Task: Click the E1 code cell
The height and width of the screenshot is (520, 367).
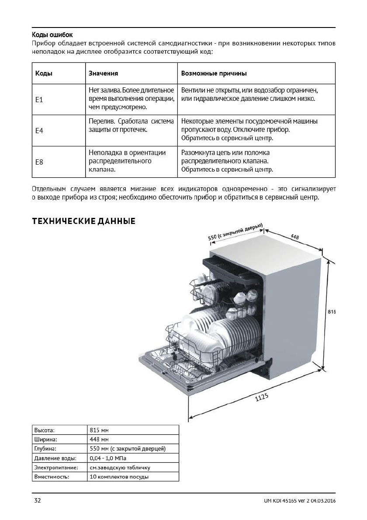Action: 39,100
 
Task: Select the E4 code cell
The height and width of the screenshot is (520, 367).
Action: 39,131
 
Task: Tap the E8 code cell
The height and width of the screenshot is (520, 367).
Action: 39,162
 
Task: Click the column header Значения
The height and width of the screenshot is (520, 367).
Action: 104,74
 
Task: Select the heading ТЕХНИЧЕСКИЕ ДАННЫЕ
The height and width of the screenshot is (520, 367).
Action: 84,222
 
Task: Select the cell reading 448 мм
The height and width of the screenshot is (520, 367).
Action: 99,439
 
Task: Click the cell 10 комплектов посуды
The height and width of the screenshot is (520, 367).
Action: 119,477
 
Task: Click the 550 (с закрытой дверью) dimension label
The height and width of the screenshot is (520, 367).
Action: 235,231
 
